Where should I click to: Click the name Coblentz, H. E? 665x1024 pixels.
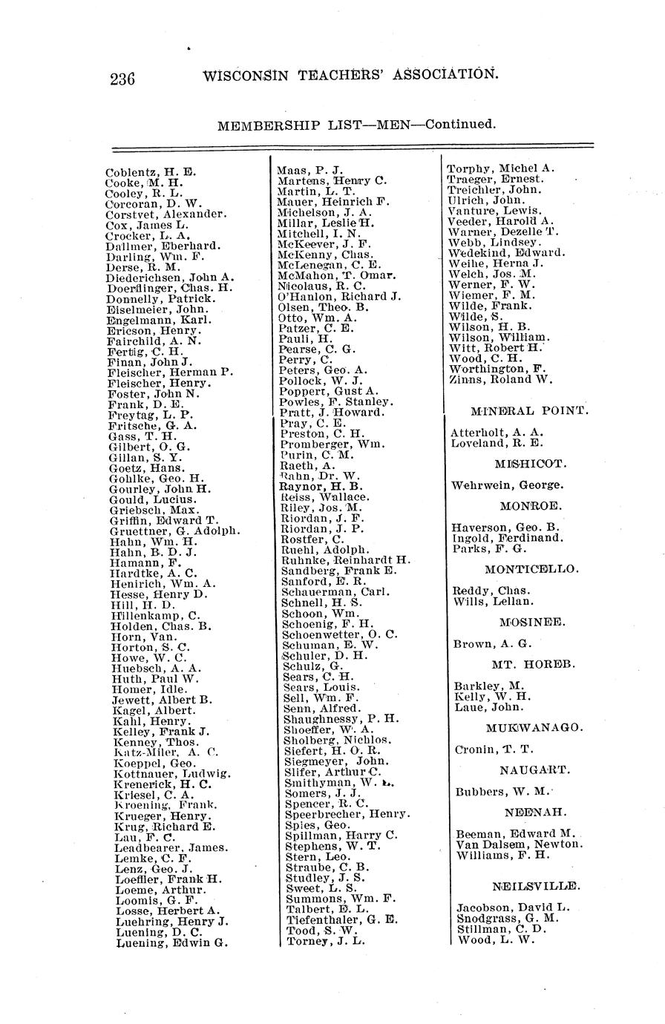(151, 172)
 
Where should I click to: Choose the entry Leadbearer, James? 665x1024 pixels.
(171, 848)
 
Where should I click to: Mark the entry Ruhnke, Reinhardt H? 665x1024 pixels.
(346, 560)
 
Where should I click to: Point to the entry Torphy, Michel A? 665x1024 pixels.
(500, 168)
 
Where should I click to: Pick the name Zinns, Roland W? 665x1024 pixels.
(500, 379)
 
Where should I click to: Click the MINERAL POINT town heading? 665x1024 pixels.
(529, 410)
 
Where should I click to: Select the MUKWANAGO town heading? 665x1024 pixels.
(534, 728)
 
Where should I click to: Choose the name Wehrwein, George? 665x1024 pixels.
(507, 485)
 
